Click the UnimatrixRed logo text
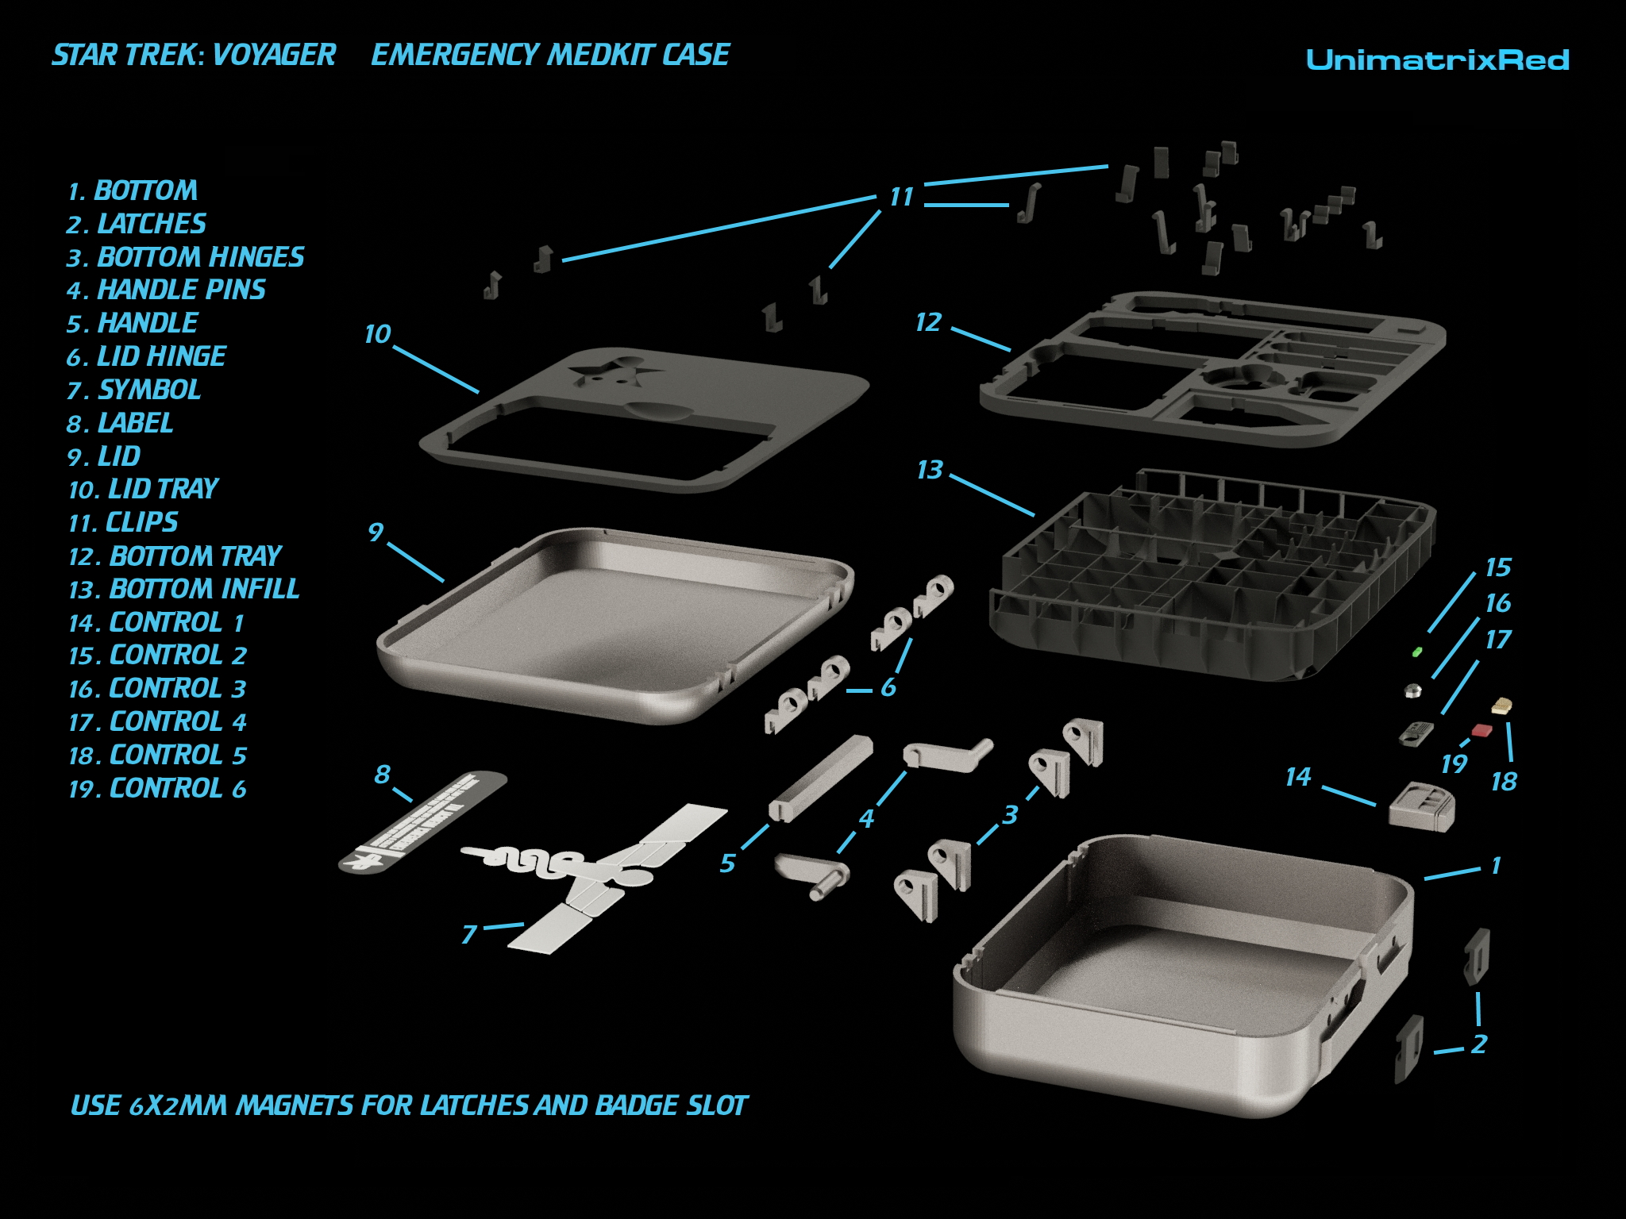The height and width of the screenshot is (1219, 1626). (1437, 60)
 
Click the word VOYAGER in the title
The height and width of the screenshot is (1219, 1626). (275, 56)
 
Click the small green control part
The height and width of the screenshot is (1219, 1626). (1417, 652)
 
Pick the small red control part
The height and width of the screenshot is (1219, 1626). (1482, 729)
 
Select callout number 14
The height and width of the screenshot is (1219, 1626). (1298, 777)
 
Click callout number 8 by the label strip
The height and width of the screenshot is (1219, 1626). (383, 774)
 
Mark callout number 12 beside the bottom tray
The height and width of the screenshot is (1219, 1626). (927, 323)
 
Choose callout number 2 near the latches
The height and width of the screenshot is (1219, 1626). (1478, 1044)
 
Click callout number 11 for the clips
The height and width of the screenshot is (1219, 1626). (901, 197)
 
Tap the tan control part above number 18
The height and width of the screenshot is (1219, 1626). (1502, 705)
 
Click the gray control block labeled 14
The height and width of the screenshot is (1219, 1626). (1422, 806)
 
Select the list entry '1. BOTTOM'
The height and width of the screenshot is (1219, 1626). (133, 191)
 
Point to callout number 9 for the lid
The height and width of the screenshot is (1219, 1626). (376, 533)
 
